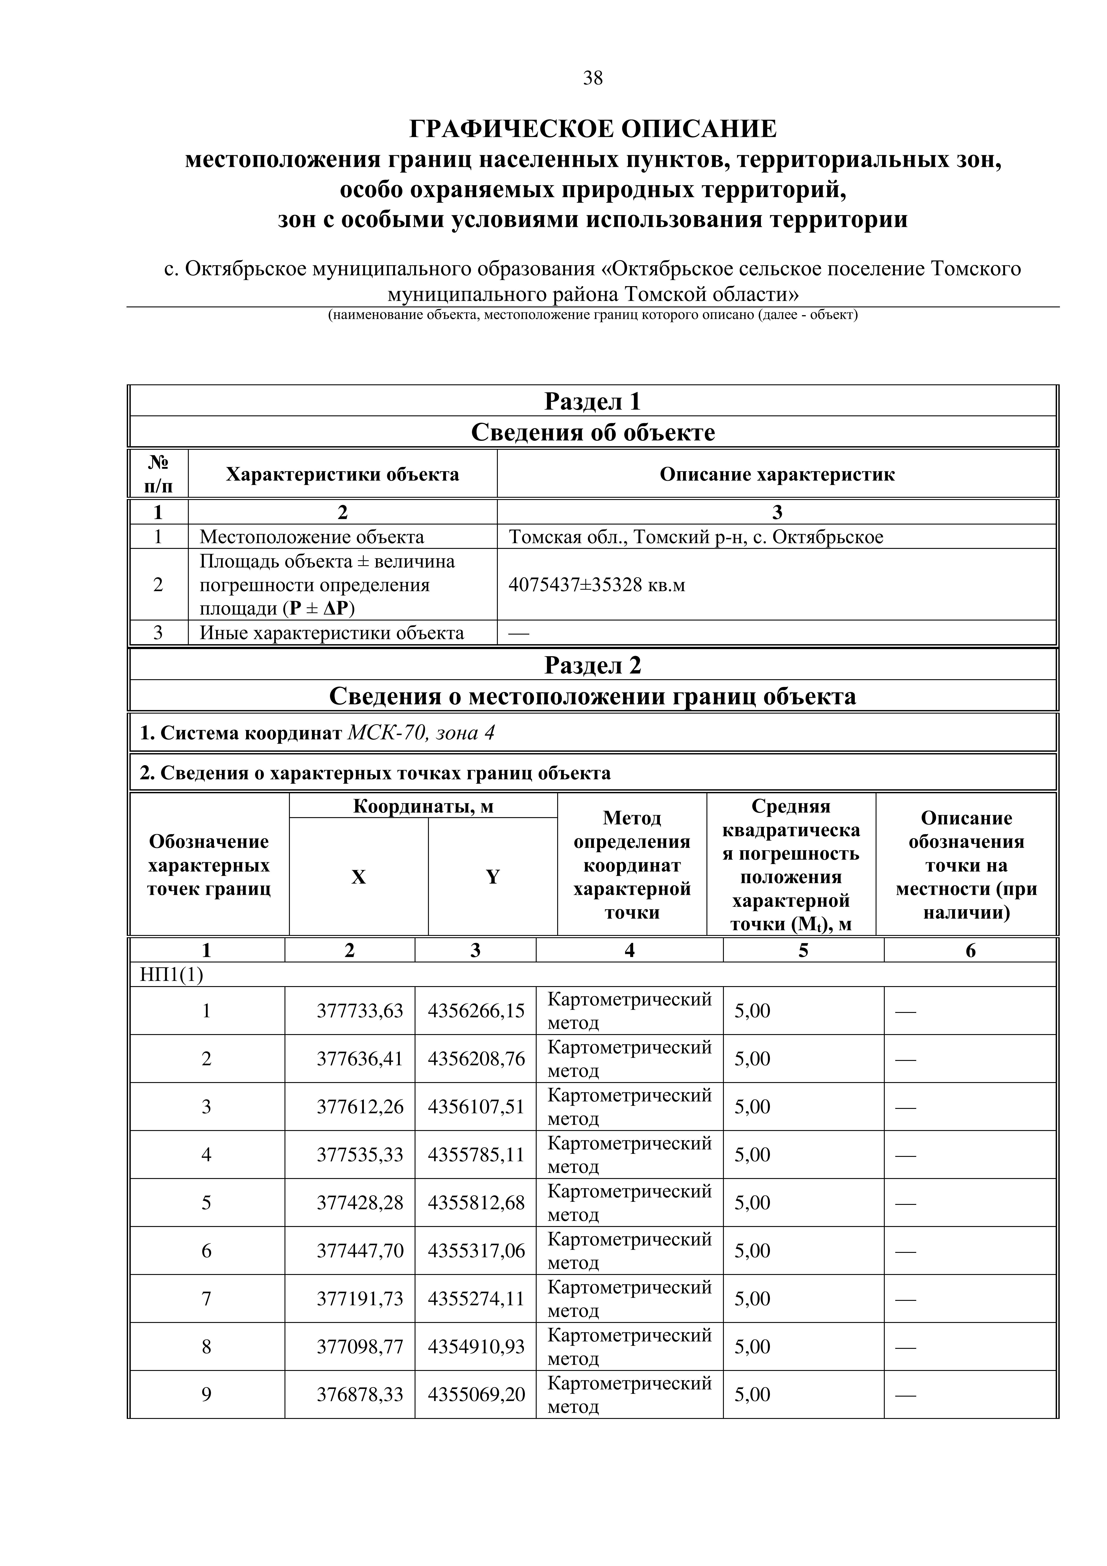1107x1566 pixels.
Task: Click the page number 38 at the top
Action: pos(593,78)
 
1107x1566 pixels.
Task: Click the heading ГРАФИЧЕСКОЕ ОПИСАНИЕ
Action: pos(593,128)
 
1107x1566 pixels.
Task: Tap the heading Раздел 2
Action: pos(593,665)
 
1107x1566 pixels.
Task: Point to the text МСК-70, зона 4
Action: pos(421,733)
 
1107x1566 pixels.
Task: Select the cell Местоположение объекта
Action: pos(312,537)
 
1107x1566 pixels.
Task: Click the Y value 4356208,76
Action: pos(476,1059)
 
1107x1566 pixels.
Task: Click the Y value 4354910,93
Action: pos(476,1346)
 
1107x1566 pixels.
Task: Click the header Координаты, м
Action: pos(423,806)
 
